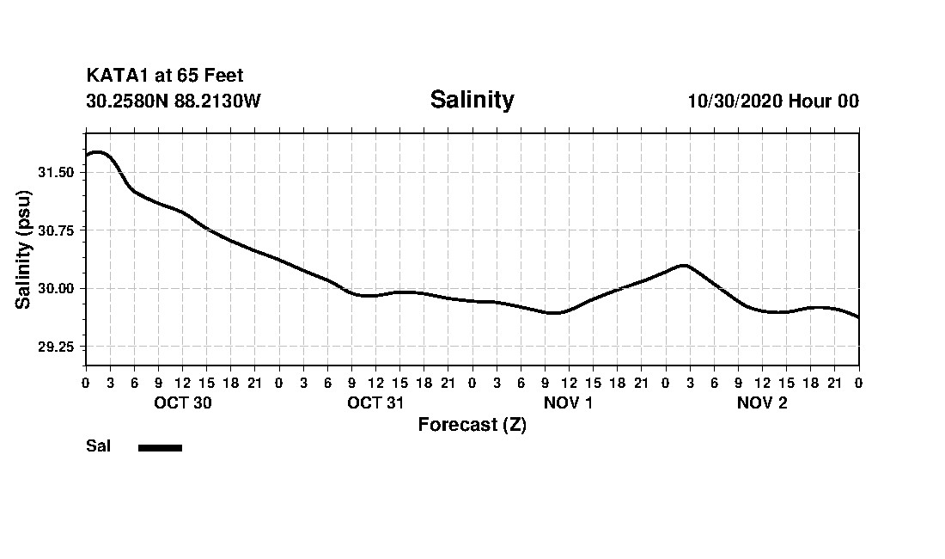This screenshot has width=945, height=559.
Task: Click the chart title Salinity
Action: point(472,100)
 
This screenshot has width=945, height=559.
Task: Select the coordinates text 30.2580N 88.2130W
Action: point(173,101)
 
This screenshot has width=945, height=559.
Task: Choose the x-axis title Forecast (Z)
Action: point(472,425)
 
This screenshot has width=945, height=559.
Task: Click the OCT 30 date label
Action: point(183,403)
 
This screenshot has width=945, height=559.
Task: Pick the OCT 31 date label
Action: point(376,403)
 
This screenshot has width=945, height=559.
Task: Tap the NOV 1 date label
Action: point(568,403)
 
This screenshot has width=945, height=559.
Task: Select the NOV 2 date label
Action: point(762,403)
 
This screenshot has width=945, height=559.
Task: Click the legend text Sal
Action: point(98,446)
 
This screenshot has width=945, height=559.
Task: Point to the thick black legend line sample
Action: point(160,447)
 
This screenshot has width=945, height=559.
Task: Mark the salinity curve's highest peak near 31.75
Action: point(97,152)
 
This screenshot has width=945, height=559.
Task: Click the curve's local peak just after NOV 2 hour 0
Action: point(684,266)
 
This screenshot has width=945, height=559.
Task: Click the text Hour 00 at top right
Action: point(825,101)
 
